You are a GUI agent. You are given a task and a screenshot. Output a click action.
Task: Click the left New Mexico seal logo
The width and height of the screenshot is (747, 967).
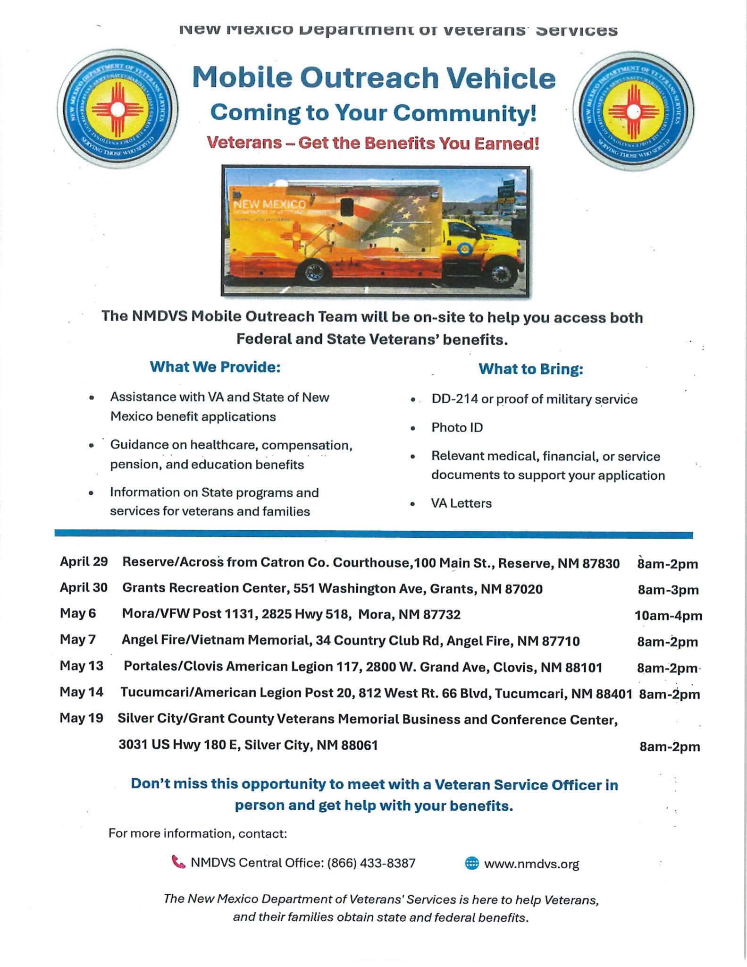(118, 110)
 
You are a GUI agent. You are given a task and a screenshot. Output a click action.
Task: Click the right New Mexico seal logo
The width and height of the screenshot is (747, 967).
(633, 111)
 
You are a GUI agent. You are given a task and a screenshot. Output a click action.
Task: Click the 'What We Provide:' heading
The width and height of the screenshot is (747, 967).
(215, 367)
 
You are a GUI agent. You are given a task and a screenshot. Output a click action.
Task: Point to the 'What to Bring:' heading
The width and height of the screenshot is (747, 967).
(531, 369)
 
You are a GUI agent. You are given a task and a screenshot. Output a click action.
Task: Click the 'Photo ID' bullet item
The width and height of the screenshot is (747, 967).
(457, 427)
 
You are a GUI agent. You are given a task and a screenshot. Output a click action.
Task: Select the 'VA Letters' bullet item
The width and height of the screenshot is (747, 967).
(461, 503)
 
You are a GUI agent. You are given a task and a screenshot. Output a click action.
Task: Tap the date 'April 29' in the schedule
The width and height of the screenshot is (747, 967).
(84, 561)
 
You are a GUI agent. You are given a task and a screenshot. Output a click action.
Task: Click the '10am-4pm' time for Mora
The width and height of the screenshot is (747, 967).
(668, 616)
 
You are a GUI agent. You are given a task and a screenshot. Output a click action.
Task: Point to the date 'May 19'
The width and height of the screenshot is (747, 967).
(81, 718)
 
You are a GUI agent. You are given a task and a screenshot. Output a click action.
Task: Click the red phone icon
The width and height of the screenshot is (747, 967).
(178, 862)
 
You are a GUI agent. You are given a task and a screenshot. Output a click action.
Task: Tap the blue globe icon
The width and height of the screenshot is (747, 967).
(472, 863)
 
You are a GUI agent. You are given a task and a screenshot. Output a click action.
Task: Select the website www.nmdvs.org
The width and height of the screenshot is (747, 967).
(531, 864)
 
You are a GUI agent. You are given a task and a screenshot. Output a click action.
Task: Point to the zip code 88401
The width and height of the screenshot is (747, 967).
(614, 694)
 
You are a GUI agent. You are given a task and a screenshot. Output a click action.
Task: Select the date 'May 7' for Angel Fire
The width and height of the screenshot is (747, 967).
(77, 639)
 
